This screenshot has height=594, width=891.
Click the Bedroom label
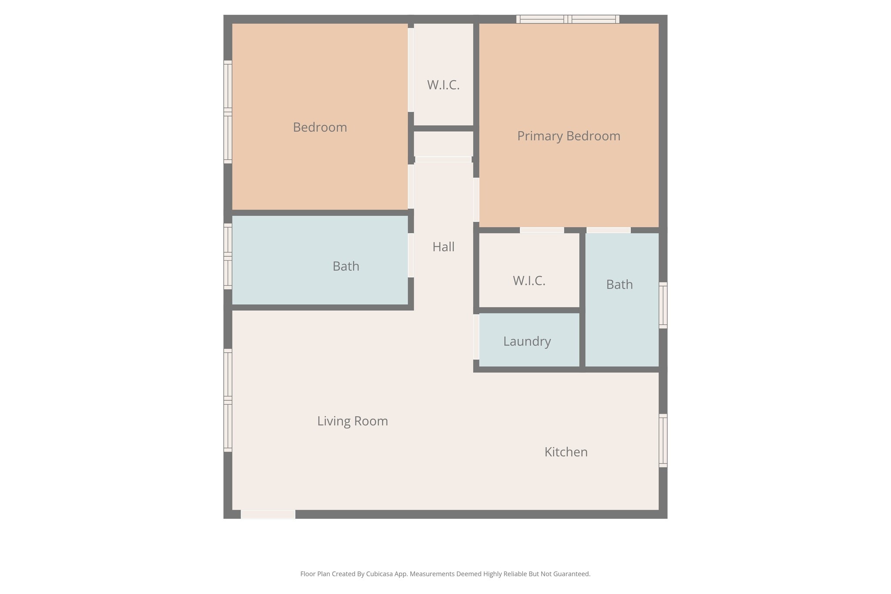(x=320, y=127)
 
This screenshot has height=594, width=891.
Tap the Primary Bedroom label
(x=568, y=136)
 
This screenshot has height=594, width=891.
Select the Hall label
(x=443, y=247)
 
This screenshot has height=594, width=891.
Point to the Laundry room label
(x=527, y=341)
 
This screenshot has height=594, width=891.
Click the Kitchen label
(x=566, y=452)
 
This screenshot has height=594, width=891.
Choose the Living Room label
(x=352, y=421)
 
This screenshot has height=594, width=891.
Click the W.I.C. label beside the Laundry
(x=529, y=281)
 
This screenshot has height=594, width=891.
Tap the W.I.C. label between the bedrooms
(x=443, y=85)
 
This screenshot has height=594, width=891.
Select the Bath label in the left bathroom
(x=346, y=266)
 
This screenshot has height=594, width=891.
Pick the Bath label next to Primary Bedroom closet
(x=619, y=285)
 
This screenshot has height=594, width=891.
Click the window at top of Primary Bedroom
(x=568, y=19)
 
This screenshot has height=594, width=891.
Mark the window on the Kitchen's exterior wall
(x=663, y=440)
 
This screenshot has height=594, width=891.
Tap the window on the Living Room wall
(x=228, y=400)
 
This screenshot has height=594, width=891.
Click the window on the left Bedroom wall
(x=228, y=112)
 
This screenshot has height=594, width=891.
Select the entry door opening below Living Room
(x=268, y=514)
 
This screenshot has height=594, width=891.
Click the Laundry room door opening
(x=476, y=337)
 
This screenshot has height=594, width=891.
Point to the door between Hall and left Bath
(x=411, y=255)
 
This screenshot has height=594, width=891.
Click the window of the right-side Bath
(x=663, y=305)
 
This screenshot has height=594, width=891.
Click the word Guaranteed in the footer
(x=572, y=574)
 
